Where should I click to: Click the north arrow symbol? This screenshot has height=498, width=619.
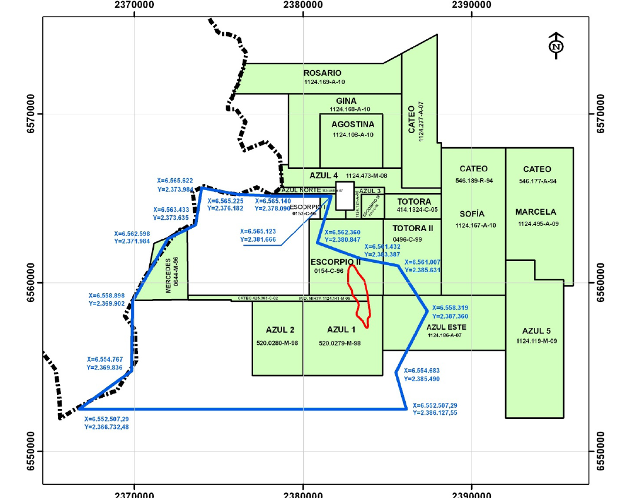tap(556, 46)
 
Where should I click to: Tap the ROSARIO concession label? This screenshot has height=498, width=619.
tap(322, 73)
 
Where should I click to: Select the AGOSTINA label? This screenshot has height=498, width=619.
tap(352, 124)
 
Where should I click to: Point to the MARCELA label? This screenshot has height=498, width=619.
tap(535, 212)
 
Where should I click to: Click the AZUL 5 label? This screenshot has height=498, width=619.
tap(534, 330)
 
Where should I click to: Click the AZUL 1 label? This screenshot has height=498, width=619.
tap(341, 330)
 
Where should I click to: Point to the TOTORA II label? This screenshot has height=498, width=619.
tap(412, 228)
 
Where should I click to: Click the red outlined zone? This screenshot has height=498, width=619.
tap(359, 293)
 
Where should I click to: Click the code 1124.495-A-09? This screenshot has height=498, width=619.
tap(535, 224)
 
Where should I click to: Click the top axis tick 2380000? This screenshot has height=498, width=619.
tap(303, 5)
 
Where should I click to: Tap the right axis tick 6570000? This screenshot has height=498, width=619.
tap(601, 114)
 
